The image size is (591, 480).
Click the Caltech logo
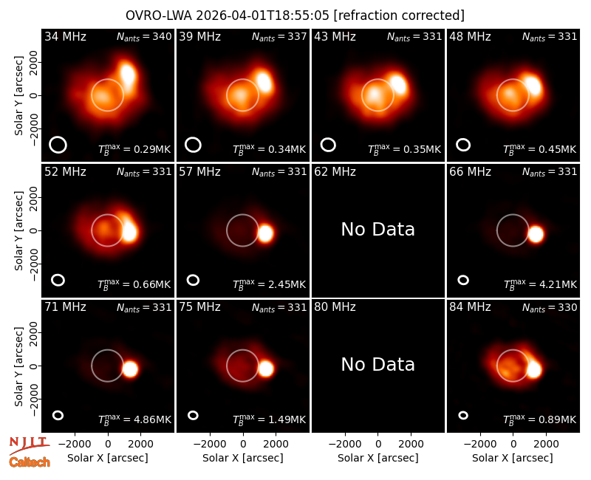(30, 462)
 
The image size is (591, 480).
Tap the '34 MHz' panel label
(65, 36)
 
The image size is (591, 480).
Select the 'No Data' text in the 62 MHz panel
(378, 230)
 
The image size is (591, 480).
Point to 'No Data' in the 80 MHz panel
(378, 365)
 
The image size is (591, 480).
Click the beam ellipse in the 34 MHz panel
(58, 145)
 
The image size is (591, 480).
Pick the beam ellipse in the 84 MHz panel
(463, 415)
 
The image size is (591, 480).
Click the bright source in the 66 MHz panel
(535, 234)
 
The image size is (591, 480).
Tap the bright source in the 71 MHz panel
(131, 368)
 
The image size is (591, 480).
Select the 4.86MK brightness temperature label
(134, 419)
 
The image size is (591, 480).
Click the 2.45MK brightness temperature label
(269, 284)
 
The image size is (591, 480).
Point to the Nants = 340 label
(144, 36)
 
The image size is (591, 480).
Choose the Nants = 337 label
(279, 36)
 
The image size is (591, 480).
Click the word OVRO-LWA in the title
(159, 16)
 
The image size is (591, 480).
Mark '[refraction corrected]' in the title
(399, 16)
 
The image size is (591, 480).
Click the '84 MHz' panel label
(470, 307)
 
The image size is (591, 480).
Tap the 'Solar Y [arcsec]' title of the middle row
(19, 230)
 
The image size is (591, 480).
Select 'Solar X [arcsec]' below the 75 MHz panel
(243, 458)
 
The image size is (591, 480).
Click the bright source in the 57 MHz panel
(265, 233)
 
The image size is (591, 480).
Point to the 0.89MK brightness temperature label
(540, 419)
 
